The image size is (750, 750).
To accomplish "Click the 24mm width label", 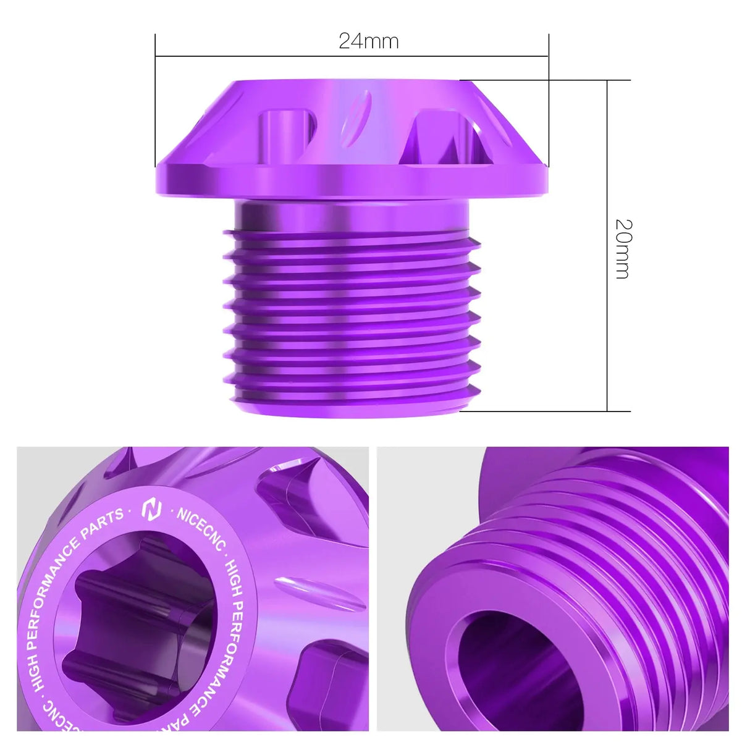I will coord(368,41).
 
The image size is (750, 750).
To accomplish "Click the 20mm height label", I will coord(623,248).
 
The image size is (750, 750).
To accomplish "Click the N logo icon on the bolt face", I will coord(151,509).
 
